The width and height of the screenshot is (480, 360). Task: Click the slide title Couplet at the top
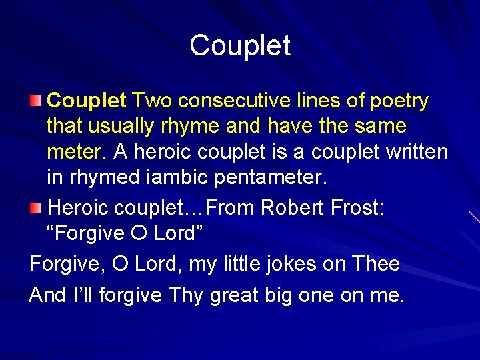tap(240, 46)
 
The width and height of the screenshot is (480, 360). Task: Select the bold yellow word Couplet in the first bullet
tap(87, 101)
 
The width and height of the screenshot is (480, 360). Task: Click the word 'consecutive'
tap(246, 101)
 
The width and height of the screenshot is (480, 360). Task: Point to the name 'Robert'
tap(291, 208)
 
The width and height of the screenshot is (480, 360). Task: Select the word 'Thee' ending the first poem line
tap(377, 264)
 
